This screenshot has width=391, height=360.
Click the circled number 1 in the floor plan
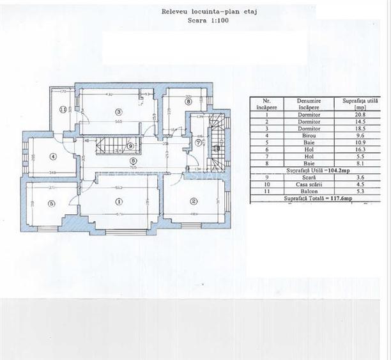tap(118, 201)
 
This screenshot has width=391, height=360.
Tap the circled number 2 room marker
tap(192, 201)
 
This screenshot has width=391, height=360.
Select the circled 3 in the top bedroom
tap(118, 112)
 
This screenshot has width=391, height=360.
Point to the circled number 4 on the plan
tap(53, 156)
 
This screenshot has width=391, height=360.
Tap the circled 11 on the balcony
tap(62, 110)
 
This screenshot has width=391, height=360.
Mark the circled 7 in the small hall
tap(198, 142)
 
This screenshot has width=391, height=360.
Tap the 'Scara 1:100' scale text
tap(209, 20)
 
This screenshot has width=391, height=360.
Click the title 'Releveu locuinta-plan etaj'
tap(209, 11)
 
